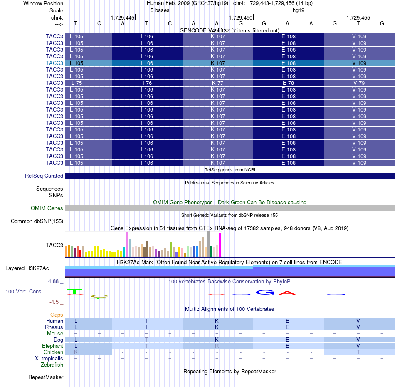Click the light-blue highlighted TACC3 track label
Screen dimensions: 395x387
pyautogui.click(x=54, y=63)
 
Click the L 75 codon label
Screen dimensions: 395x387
pyautogui.click(x=77, y=83)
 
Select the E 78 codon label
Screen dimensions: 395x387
pyautogui.click(x=288, y=83)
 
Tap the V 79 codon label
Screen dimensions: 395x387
pyautogui.click(x=359, y=83)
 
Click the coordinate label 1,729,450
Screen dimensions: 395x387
pyautogui.click(x=240, y=17)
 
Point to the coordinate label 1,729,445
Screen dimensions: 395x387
pyautogui.click(x=122, y=17)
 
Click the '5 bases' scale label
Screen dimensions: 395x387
pyautogui.click(x=160, y=10)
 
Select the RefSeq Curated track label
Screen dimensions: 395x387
pyautogui.click(x=44, y=176)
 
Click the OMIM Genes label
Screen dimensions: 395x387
pyautogui.click(x=47, y=208)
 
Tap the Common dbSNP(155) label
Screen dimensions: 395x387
pyautogui.click(x=37, y=221)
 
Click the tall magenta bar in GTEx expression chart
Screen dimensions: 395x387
pyautogui.click(x=220, y=245)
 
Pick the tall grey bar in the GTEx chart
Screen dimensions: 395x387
pyautogui.click(x=209, y=244)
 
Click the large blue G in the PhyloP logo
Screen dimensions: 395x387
pyautogui.click(x=265, y=293)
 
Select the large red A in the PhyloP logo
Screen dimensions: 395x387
pyautogui.click(x=287, y=293)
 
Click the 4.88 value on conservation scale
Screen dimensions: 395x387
pyautogui.click(x=53, y=281)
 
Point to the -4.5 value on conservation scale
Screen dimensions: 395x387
pyautogui.click(x=54, y=302)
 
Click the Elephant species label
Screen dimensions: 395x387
pyautogui.click(x=52, y=346)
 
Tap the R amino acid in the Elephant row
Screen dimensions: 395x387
pyautogui.click(x=217, y=346)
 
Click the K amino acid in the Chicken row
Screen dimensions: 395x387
pyautogui.click(x=76, y=352)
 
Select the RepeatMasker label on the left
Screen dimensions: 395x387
pyautogui.click(x=46, y=377)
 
